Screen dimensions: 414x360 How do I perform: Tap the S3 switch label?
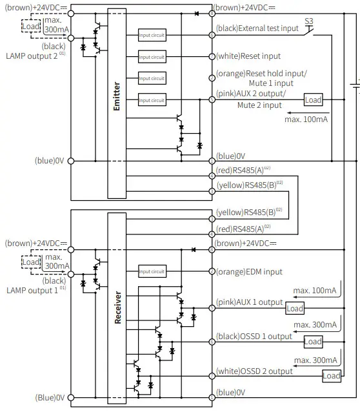point(308,21)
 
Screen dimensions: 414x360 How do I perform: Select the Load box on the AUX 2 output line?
point(313,100)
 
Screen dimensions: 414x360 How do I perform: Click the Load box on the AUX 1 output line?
point(294,309)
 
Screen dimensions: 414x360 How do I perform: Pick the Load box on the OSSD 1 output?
point(313,341)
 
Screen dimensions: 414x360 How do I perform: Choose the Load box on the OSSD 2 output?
point(331,376)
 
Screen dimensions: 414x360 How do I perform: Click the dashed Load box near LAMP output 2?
point(30,25)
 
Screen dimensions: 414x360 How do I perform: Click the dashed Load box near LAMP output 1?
point(30,262)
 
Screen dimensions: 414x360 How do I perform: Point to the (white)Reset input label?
point(248,56)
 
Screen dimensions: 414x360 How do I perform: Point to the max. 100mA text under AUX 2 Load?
point(307,119)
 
